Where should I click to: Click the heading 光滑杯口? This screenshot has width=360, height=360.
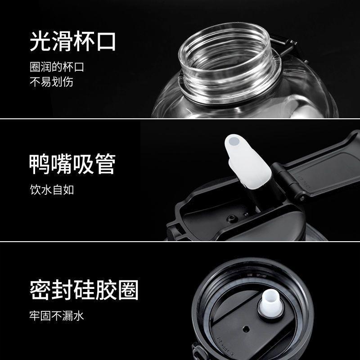[x=72, y=41]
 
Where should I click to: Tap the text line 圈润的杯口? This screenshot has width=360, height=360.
[x=57, y=67]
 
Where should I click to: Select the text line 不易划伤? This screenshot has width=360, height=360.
[x=51, y=81]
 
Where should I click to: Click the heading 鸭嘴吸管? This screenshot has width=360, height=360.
[x=72, y=164]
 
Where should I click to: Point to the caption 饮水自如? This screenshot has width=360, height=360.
[x=52, y=189]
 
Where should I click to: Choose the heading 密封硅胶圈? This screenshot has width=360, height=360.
[x=84, y=290]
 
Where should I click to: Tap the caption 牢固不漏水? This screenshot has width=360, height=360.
[x=57, y=315]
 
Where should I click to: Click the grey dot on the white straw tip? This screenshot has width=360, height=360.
[x=234, y=141]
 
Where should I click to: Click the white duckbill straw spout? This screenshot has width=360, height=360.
[x=247, y=162]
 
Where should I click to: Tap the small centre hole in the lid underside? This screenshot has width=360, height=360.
[x=246, y=329]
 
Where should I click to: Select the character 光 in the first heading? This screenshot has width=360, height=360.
[x=40, y=41]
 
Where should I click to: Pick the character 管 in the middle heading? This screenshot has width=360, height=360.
[x=105, y=164]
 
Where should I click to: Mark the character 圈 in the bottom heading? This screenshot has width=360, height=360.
[x=128, y=290]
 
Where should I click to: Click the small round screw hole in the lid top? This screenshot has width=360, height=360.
[x=232, y=218]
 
